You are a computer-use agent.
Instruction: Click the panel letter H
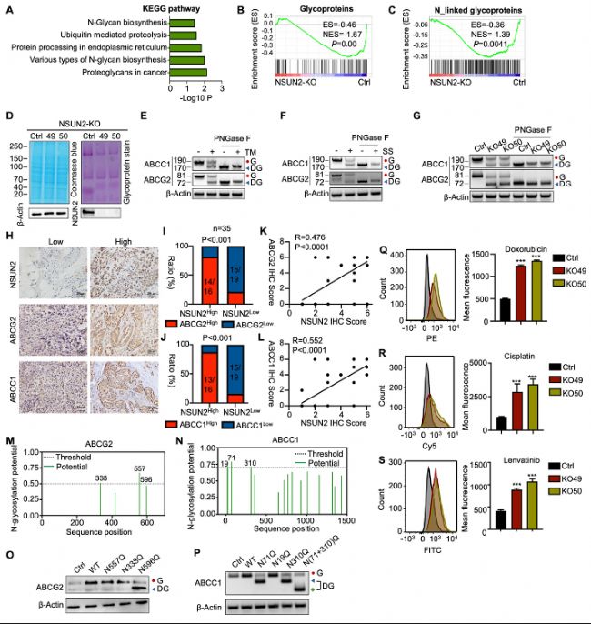coord(8,235)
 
